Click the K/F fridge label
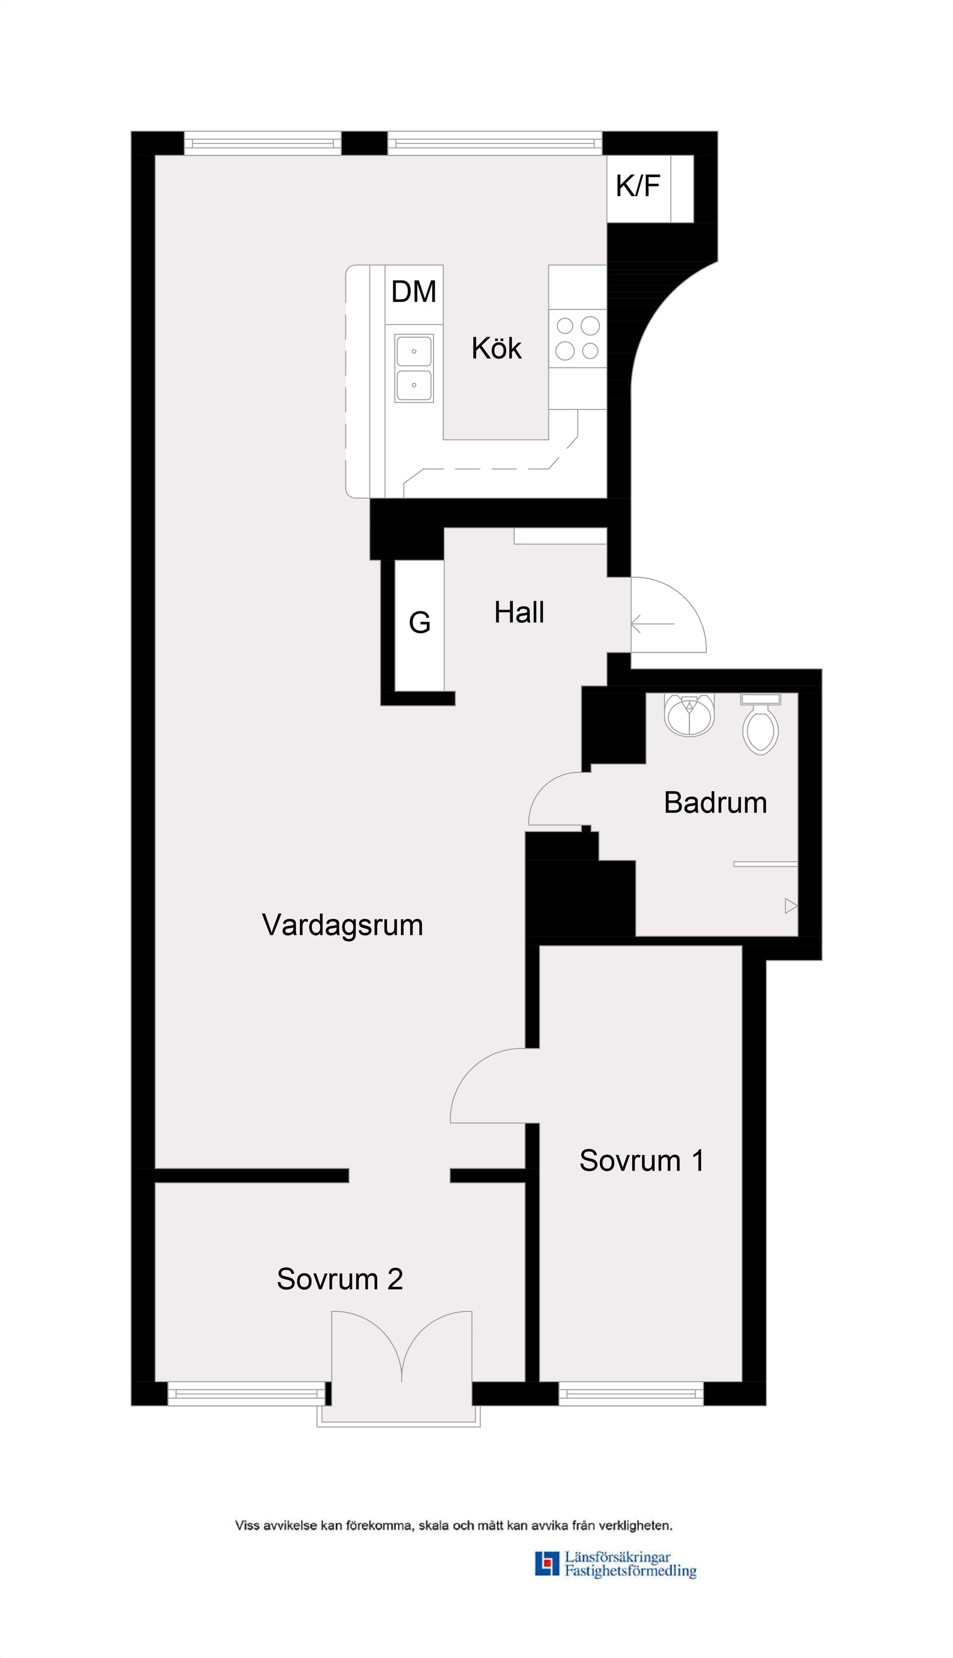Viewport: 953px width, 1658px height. [x=637, y=187]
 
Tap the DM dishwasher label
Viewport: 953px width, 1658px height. [x=413, y=292]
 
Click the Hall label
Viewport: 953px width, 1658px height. [x=519, y=613]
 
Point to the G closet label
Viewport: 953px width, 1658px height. [x=419, y=622]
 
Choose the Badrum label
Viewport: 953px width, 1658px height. [x=715, y=803]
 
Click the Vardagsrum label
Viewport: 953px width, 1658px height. [x=342, y=925]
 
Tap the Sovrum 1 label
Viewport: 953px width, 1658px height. [x=641, y=1161]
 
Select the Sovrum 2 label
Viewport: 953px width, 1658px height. [x=340, y=1279]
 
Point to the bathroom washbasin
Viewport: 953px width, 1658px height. [x=688, y=714]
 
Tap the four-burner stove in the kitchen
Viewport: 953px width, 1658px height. [x=577, y=339]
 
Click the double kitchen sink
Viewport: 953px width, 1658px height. [x=413, y=368]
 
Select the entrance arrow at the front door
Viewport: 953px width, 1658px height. [x=653, y=624]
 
